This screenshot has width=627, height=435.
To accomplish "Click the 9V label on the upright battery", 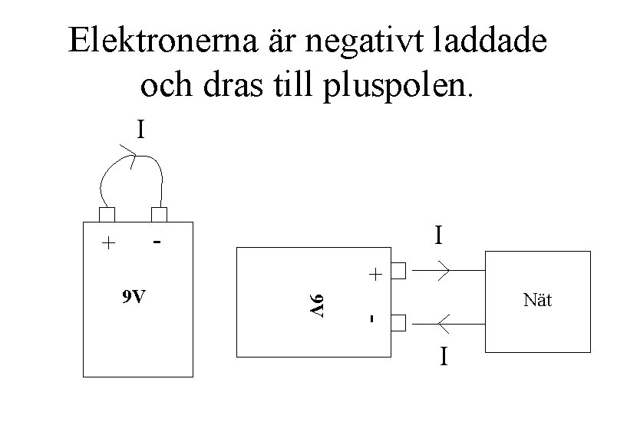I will coord(135,297).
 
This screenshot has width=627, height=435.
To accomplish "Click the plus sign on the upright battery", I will coord(109,244).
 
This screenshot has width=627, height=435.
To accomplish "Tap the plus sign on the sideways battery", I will coord(374,274).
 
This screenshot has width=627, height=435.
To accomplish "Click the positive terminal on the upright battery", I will coord(107,214).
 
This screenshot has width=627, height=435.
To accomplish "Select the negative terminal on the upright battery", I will coord(159,214).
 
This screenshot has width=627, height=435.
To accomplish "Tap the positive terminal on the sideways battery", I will coord(398,271).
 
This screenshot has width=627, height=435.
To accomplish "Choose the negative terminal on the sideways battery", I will coord(398,323).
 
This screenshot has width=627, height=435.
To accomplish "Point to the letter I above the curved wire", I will coord(140,130).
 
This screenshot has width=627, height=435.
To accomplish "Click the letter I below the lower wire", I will coord(443,358).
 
